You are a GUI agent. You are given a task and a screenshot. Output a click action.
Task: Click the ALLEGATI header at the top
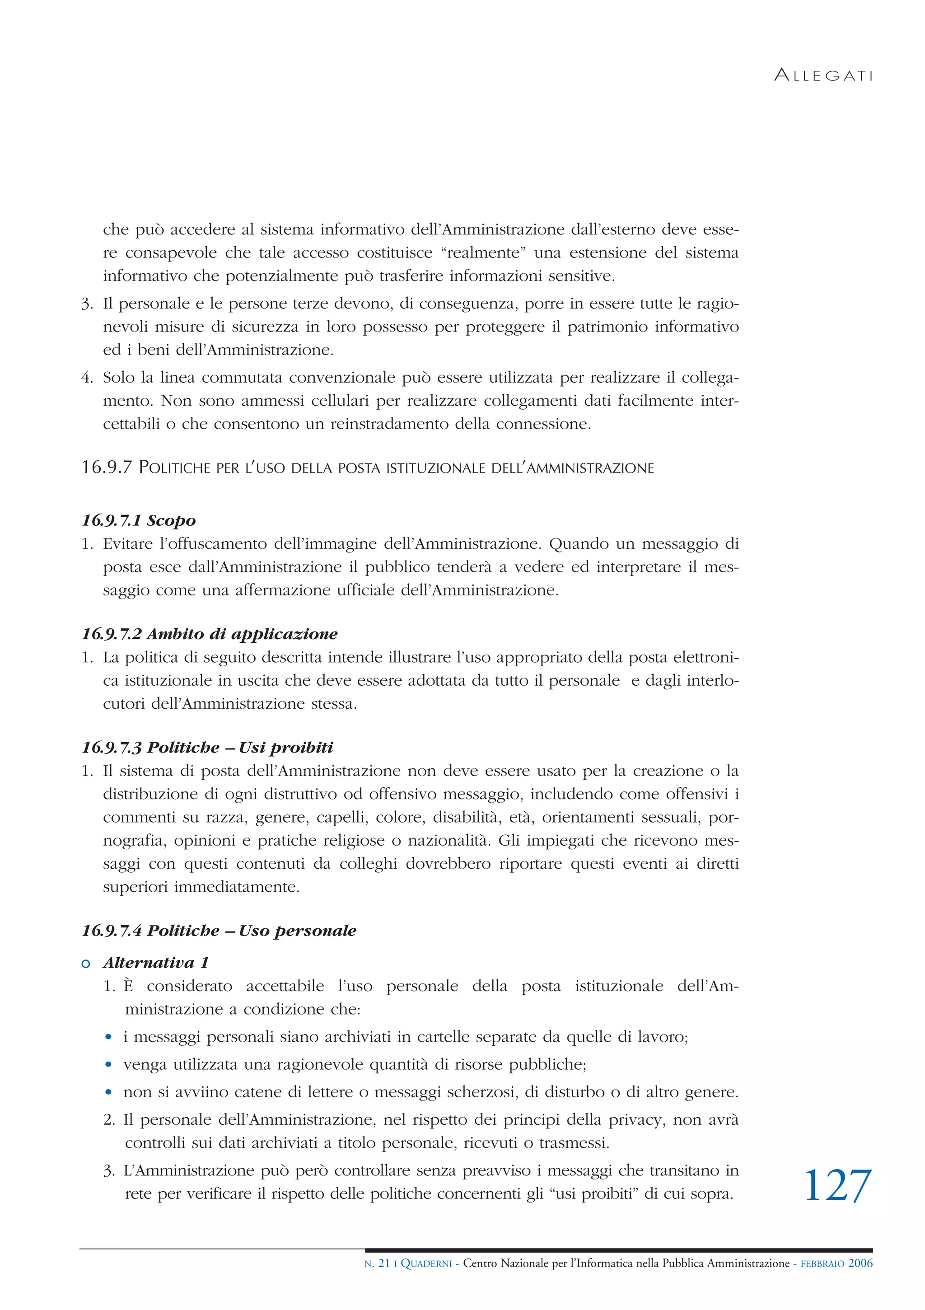coord(823,75)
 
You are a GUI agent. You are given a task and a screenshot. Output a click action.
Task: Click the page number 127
coord(838,1186)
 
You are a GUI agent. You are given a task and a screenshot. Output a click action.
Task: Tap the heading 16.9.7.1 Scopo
coord(139,520)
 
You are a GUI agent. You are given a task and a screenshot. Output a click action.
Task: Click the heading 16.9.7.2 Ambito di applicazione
coord(210,634)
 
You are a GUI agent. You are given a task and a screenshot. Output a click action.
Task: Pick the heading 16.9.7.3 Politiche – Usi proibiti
coord(207,748)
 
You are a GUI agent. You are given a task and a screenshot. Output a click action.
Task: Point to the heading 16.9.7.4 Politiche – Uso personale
coord(219,931)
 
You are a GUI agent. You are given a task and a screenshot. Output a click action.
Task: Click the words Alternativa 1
coord(156,963)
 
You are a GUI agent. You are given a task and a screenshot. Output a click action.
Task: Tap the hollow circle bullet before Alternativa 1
coord(86,964)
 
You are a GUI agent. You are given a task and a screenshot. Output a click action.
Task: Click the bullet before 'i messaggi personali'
coord(108,1037)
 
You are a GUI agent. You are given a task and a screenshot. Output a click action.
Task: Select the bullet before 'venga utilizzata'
coord(108,1065)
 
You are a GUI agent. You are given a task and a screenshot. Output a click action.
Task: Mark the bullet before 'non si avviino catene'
coord(108,1093)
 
